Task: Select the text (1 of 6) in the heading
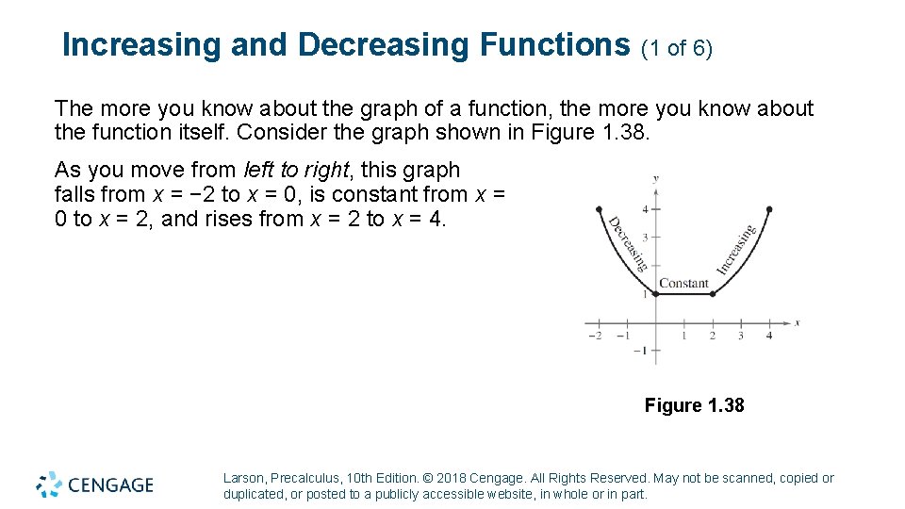[x=677, y=47]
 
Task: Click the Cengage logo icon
[x=49, y=484]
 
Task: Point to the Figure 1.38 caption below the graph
[x=694, y=405]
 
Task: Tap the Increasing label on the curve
[x=737, y=249]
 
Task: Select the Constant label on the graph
[x=683, y=283]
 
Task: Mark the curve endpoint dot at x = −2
[x=598, y=208]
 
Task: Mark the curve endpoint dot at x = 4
[x=769, y=208]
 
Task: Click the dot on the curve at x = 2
[x=712, y=294]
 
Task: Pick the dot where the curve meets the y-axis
[x=655, y=294]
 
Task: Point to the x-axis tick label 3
[x=740, y=336]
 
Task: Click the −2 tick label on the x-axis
[x=594, y=336]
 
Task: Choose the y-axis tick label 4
[x=645, y=208]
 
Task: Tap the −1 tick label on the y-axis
[x=640, y=351]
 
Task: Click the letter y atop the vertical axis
[x=655, y=177]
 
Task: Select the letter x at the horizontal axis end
[x=798, y=322]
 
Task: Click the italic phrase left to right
[x=295, y=171]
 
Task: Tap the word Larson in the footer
[x=243, y=479]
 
